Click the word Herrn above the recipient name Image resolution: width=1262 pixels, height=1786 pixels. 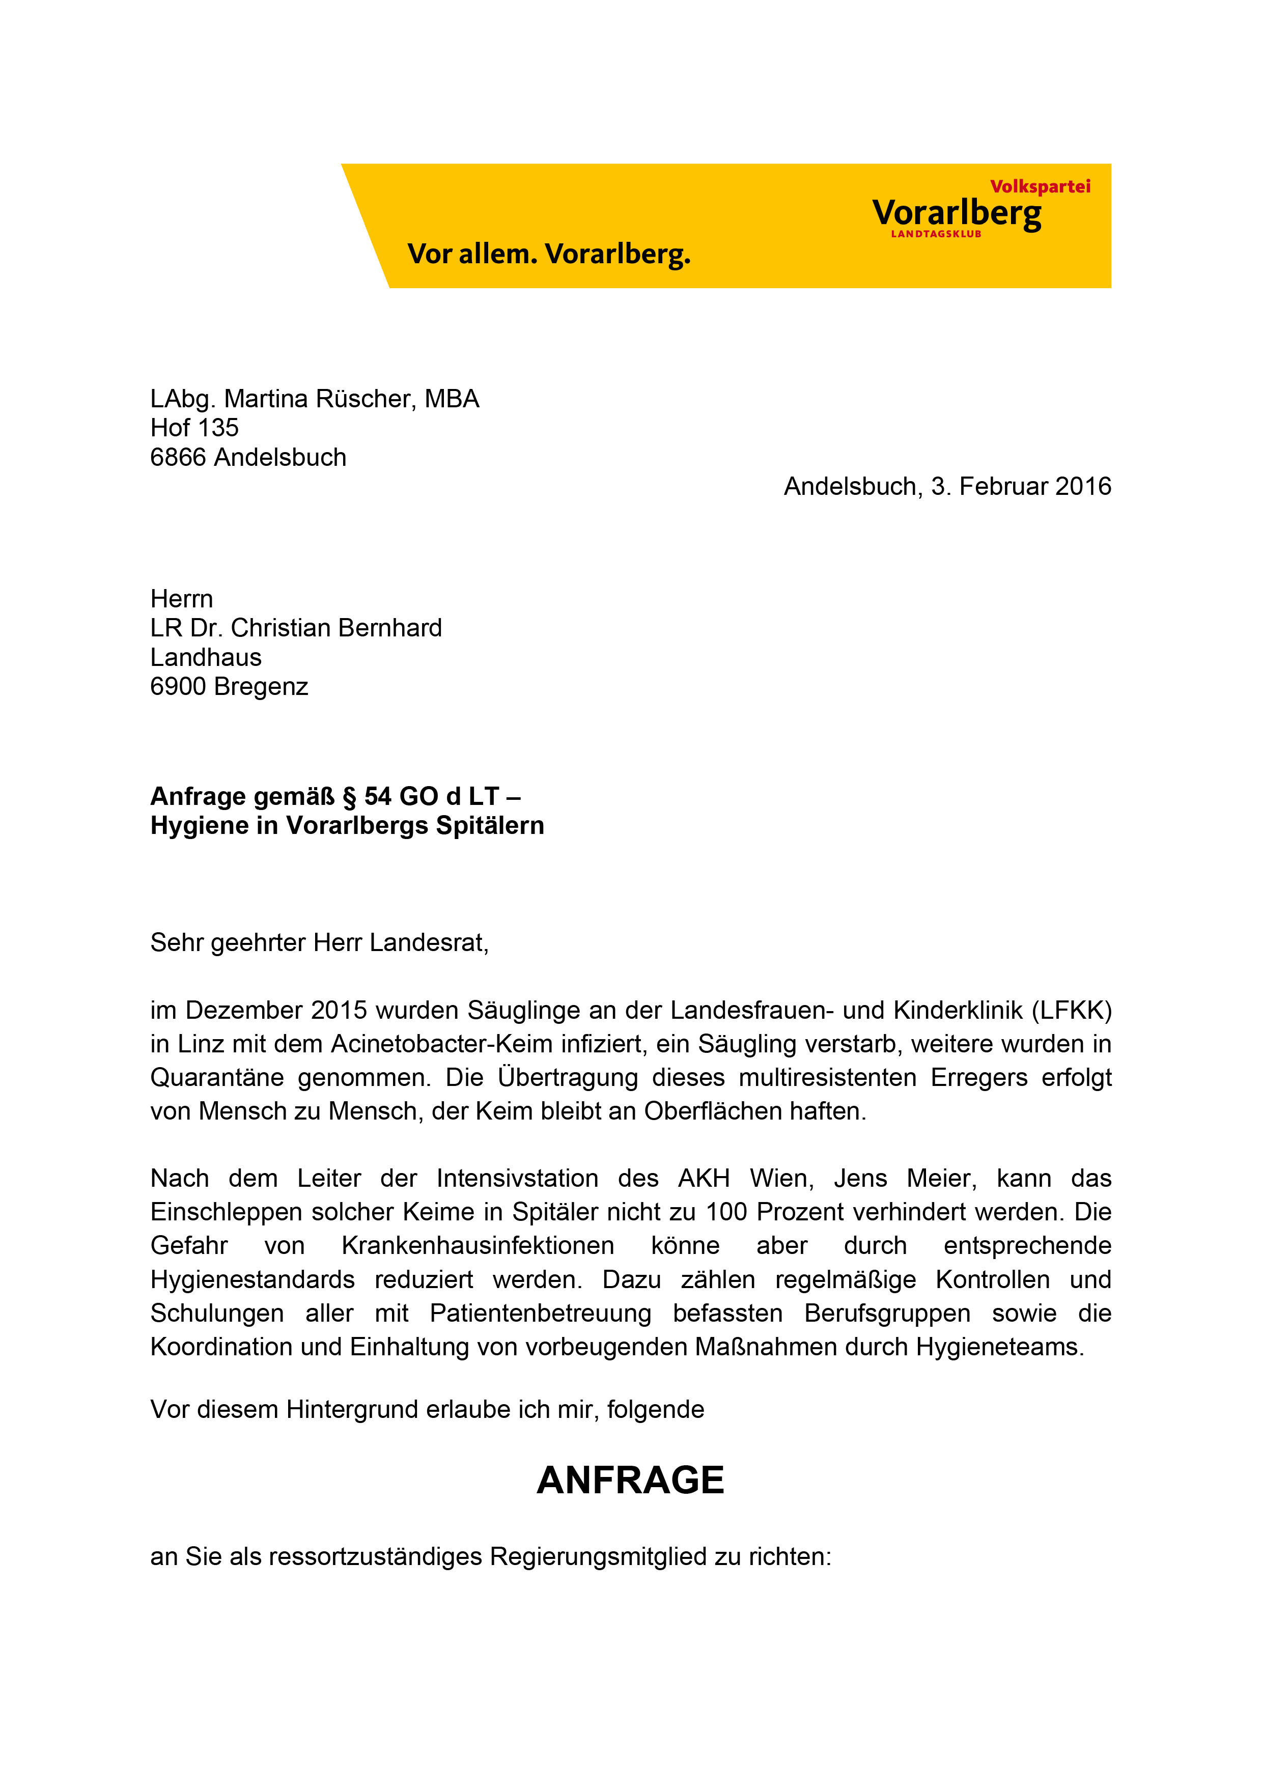click(x=181, y=599)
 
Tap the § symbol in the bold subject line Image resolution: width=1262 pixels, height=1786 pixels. click(x=349, y=797)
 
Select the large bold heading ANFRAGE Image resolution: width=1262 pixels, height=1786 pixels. click(x=631, y=1481)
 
